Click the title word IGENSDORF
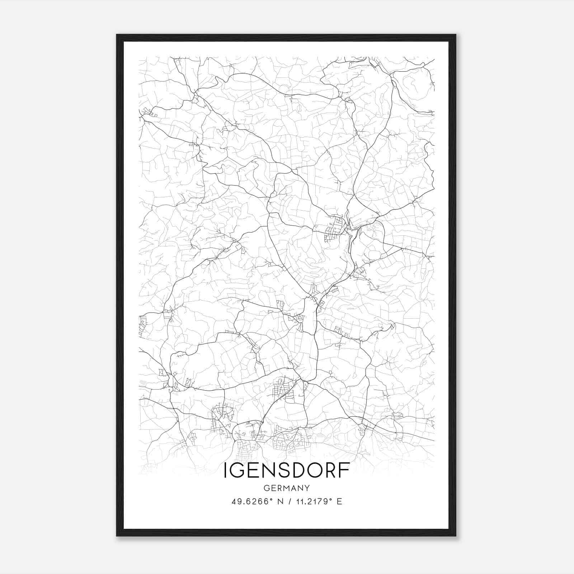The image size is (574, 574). (287, 470)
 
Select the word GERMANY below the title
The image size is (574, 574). (287, 488)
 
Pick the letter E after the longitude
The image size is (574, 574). (339, 502)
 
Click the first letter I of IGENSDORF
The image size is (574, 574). (226, 470)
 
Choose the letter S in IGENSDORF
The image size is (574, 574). (281, 470)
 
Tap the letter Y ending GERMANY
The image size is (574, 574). (307, 488)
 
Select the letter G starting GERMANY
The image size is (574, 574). (266, 488)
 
